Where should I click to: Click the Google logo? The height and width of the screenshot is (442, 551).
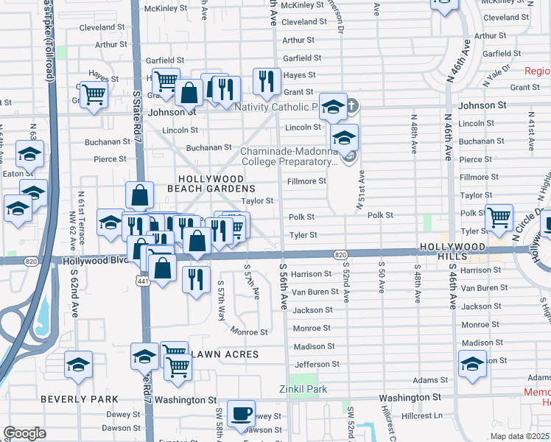[x=24, y=433]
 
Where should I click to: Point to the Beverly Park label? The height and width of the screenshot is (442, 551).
[x=80, y=399]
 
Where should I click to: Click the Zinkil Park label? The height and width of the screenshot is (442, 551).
[x=303, y=389]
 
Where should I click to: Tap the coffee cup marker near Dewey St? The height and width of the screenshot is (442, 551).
[x=240, y=414]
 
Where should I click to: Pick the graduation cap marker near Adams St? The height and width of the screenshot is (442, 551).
[x=472, y=364]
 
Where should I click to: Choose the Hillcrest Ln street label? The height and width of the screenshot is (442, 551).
[x=422, y=415]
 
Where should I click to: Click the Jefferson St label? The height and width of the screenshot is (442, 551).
[x=316, y=364]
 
